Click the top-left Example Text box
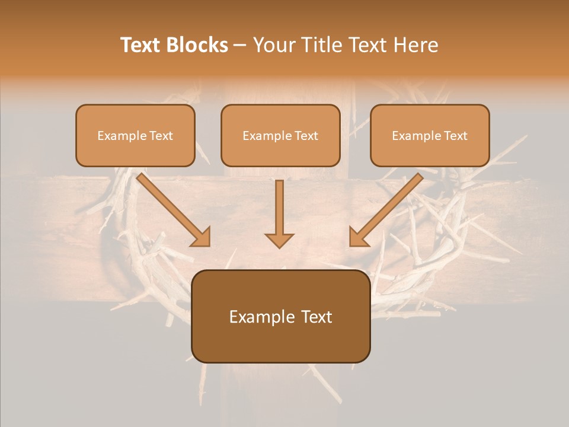coord(135,136)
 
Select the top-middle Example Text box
coord(280,136)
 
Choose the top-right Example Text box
coord(430,136)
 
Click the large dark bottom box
coord(281,317)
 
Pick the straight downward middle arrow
coord(279,211)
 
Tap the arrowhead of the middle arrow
coord(279,240)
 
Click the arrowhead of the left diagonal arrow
coord(202,237)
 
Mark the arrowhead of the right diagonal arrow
coord(358,237)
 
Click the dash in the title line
coord(240,46)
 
